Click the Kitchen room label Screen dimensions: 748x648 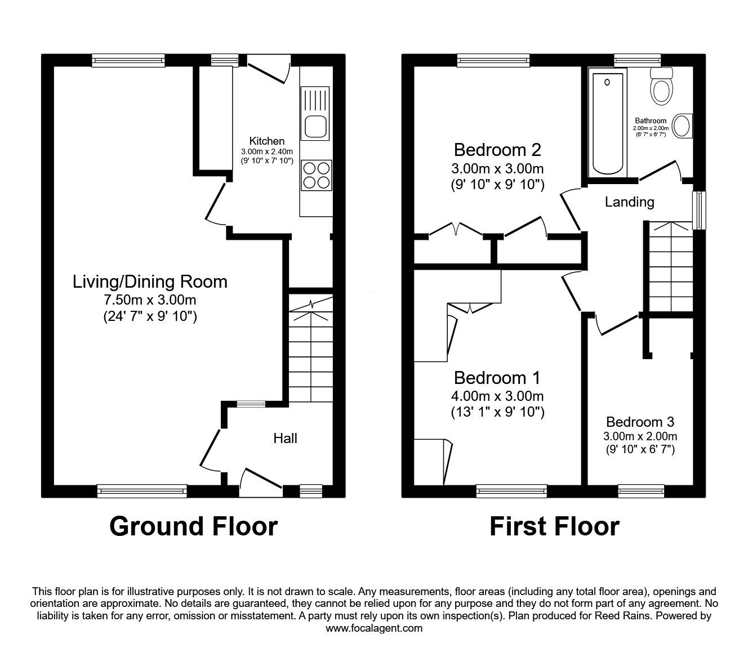coord(267,141)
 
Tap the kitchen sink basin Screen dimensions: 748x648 coord(315,126)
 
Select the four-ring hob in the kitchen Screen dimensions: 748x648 coord(317,175)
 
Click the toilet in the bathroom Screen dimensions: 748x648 coord(661,86)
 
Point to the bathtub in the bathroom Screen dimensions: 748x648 coord(608,123)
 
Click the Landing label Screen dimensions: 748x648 coord(629,202)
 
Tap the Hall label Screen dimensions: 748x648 coord(285,438)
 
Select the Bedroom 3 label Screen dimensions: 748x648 coord(640,422)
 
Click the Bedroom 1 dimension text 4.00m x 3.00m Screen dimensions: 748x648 coord(497,396)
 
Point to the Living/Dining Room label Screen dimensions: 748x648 coord(150,282)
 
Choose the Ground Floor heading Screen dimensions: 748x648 coord(193,526)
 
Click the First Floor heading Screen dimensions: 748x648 coord(554,526)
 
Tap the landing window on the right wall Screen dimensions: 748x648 coord(699,210)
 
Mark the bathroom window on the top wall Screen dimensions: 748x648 coord(637,60)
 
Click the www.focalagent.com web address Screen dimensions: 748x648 coord(374,628)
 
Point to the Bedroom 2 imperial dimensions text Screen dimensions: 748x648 coord(497,185)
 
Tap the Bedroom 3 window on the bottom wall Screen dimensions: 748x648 coord(641,491)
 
